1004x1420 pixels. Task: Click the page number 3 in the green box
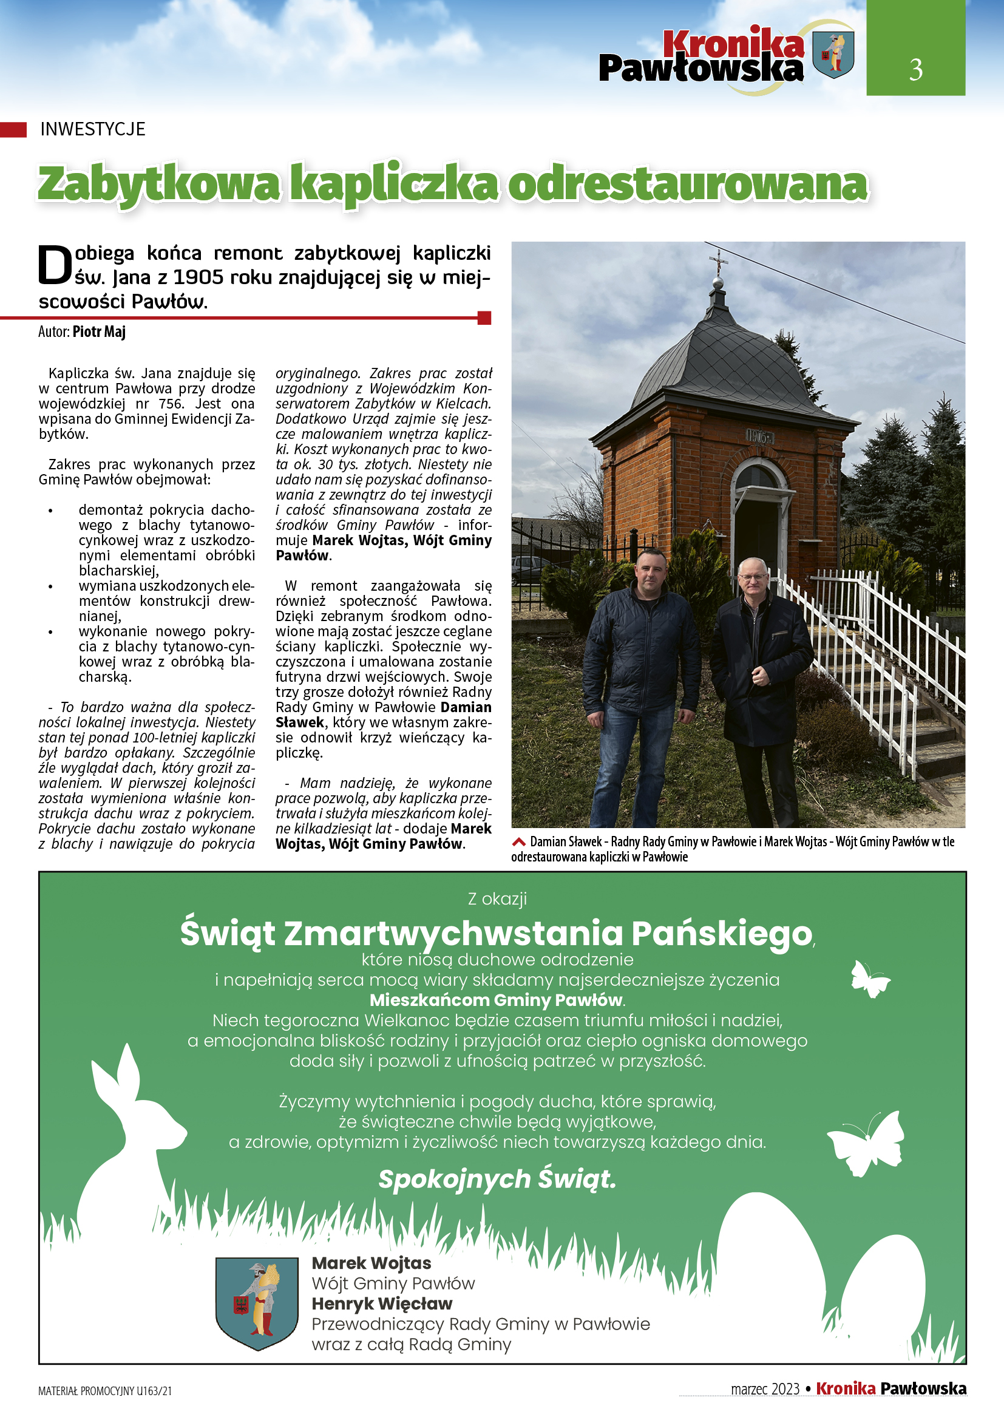pyautogui.click(x=915, y=69)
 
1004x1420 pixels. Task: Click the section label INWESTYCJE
pyautogui.click(x=93, y=129)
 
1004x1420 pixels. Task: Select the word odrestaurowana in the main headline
pyautogui.click(x=688, y=185)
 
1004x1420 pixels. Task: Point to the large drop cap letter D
pyautogui.click(x=55, y=266)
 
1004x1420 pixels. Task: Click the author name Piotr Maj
pyautogui.click(x=99, y=332)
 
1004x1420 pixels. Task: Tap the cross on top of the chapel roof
pyautogui.click(x=717, y=262)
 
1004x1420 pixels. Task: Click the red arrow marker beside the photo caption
pyautogui.click(x=518, y=841)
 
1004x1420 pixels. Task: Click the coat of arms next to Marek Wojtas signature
pyautogui.click(x=257, y=1300)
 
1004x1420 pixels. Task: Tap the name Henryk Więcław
pyautogui.click(x=381, y=1303)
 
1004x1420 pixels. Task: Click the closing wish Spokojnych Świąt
pyautogui.click(x=497, y=1180)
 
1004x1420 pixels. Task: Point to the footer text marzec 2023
pyautogui.click(x=765, y=1389)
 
